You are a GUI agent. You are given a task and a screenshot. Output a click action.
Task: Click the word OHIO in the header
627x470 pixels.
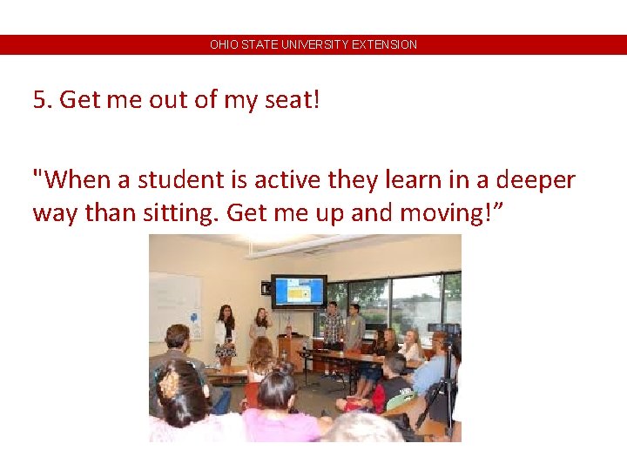pyautogui.click(x=222, y=44)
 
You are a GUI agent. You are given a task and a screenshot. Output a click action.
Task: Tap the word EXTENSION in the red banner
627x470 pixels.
pyautogui.click(x=384, y=44)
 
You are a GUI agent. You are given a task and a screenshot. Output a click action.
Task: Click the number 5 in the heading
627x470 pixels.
pyautogui.click(x=39, y=100)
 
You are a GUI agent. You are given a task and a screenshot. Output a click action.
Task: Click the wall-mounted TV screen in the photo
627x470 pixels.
pyautogui.click(x=299, y=291)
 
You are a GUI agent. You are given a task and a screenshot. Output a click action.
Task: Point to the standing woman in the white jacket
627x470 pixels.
pyautogui.click(x=226, y=335)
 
